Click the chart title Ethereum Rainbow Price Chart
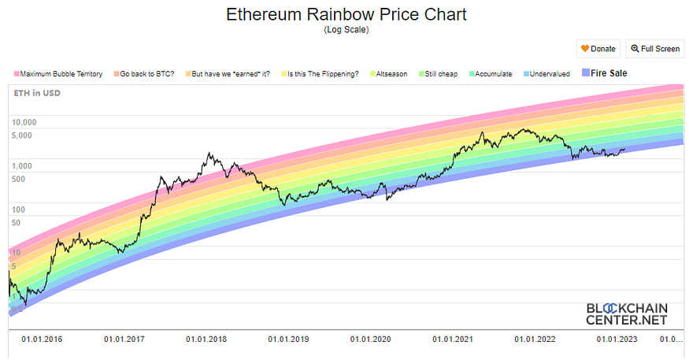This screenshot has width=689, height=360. (346, 15)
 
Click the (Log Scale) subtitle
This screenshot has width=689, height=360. (346, 30)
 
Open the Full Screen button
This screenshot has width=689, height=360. (654, 49)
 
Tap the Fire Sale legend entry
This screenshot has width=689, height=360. (609, 73)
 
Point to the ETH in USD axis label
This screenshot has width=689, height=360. (37, 93)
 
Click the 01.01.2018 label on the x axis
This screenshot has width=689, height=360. (206, 340)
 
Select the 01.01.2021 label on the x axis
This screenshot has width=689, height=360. (453, 340)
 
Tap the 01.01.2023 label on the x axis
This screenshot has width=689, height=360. (617, 340)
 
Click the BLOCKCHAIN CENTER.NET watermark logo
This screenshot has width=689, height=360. (627, 314)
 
